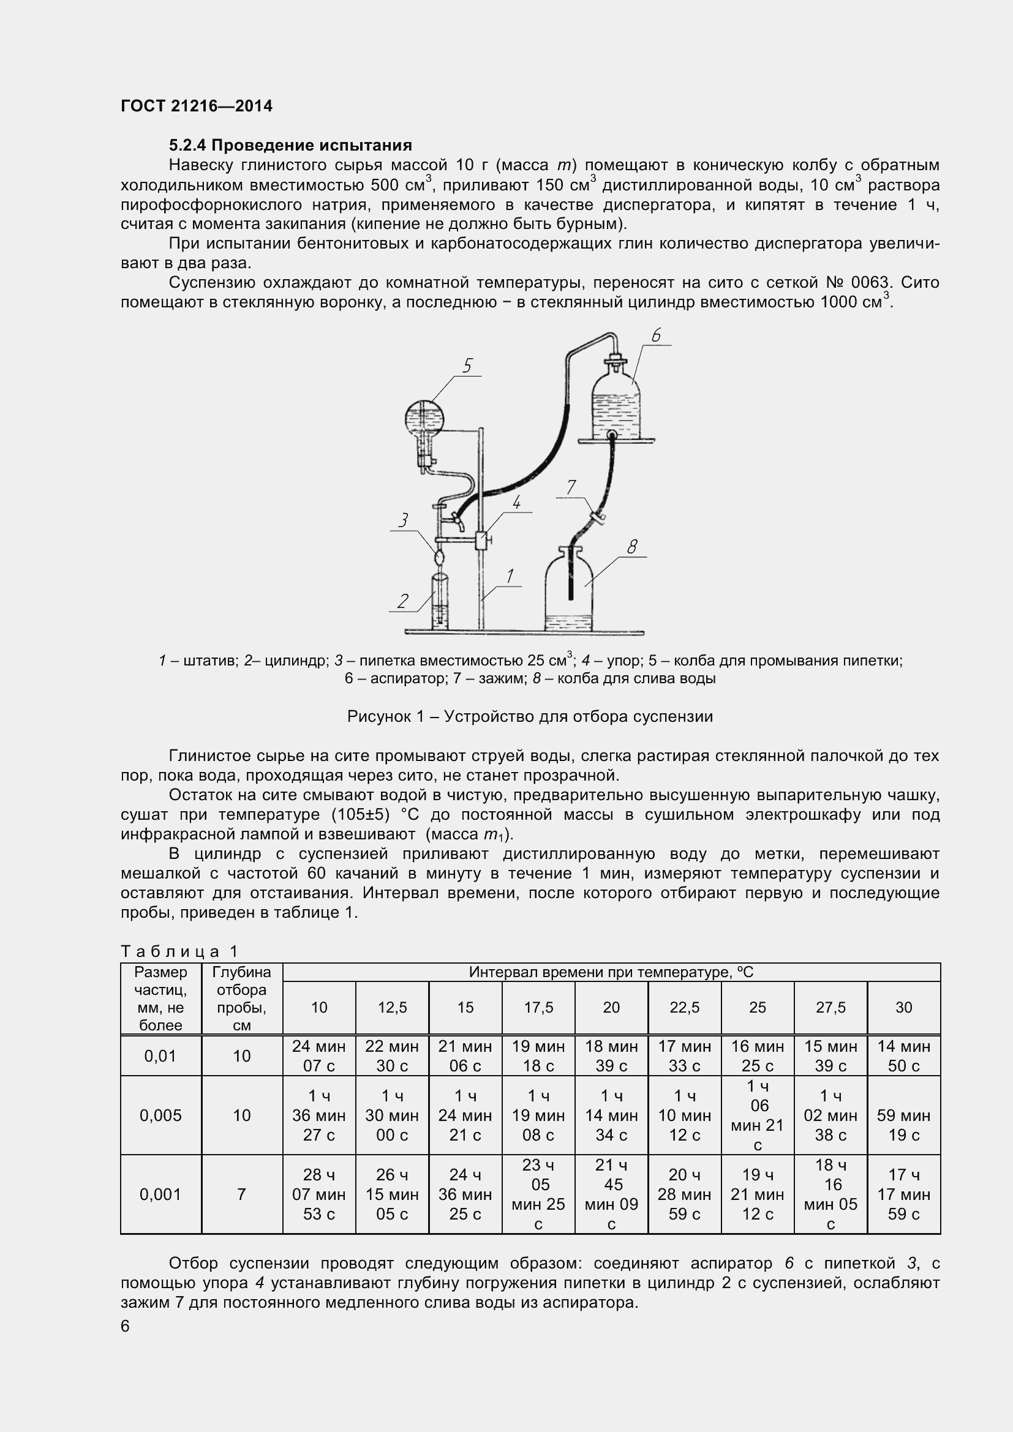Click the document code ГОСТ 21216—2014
coord(197,106)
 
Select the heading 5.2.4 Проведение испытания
coord(290,145)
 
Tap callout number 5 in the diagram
coord(468,365)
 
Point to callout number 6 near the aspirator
coord(655,336)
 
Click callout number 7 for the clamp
coord(571,487)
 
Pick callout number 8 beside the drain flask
coord(632,547)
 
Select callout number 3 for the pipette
coord(404,520)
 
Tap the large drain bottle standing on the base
coord(570,593)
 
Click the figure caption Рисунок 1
coord(530,717)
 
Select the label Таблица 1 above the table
coord(179,951)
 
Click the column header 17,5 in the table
coord(538,1007)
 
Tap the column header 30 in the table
coord(903,1007)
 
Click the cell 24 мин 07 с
coord(318,1056)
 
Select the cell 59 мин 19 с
coord(903,1125)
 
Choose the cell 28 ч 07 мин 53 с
coord(318,1194)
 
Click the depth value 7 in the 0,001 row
coord(241,1194)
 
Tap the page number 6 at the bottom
coord(126,1326)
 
